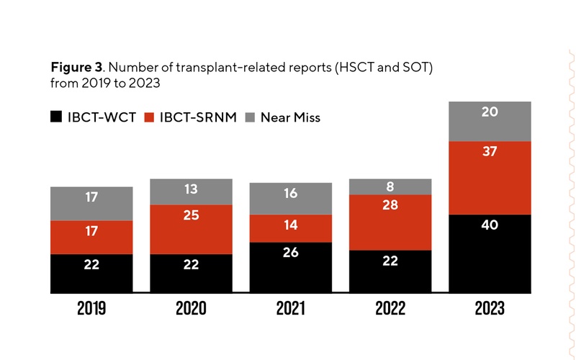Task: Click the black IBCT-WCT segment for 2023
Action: pyautogui.click(x=490, y=254)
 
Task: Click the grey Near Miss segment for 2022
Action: pyautogui.click(x=390, y=186)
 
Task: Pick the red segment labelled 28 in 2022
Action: pyautogui.click(x=390, y=222)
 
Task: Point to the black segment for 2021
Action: pyautogui.click(x=291, y=268)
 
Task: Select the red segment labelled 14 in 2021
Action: pyautogui.click(x=291, y=228)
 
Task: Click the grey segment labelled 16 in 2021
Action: pyautogui.click(x=291, y=198)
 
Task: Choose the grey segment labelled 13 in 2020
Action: pyautogui.click(x=191, y=192)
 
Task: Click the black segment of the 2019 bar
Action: pyautogui.click(x=91, y=274)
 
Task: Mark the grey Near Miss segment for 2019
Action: pyautogui.click(x=91, y=203)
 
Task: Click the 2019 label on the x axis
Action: pyautogui.click(x=91, y=309)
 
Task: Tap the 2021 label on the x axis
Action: pyautogui.click(x=291, y=309)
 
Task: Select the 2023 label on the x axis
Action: pyautogui.click(x=490, y=309)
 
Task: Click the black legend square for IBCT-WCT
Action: pyautogui.click(x=56, y=117)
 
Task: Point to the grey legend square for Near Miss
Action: pyautogui.click(x=251, y=117)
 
